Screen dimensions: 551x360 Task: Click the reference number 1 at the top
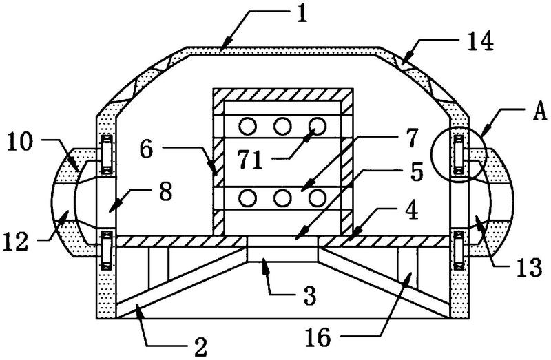pos(302,14)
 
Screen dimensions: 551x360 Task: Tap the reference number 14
pos(481,41)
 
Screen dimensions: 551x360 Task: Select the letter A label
pos(539,112)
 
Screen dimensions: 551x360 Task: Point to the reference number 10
pos(20,142)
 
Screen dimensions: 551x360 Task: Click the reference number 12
pos(15,242)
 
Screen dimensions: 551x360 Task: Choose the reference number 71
pos(249,160)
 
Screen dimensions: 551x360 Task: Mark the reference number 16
pos(318,337)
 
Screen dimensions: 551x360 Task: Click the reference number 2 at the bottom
pos(200,347)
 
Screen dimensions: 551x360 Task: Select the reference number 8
pos(166,192)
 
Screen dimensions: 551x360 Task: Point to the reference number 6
pos(147,149)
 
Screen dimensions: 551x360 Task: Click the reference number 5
pos(417,173)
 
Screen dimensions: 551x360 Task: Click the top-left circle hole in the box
pos(248,126)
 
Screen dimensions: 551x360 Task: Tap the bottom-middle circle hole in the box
pos(282,198)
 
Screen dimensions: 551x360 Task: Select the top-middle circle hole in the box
pos(282,126)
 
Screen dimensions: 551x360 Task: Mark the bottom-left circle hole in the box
pos(248,198)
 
